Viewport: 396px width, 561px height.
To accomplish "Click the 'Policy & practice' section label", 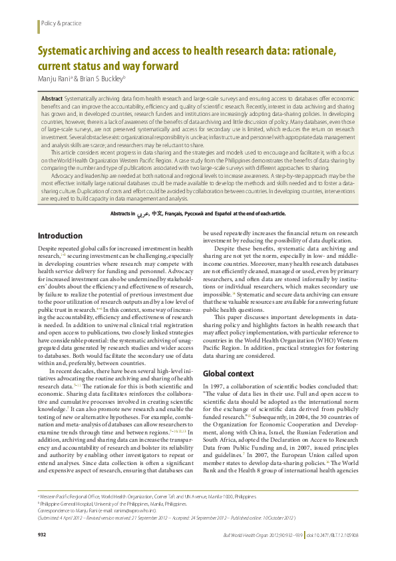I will tap(61, 23).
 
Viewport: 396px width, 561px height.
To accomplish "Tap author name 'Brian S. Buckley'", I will tap(101, 78).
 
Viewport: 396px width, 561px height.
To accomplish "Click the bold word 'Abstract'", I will tap(53, 98).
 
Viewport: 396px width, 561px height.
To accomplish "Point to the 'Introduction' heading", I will tap(60, 217).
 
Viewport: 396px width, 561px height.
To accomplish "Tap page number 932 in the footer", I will tap(42, 535).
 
